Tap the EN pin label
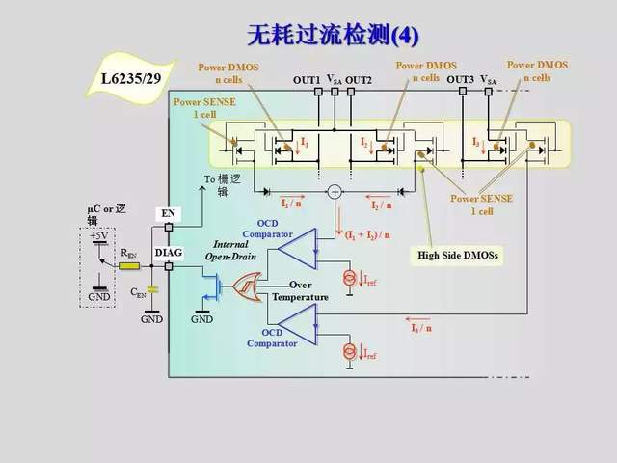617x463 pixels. [x=168, y=212]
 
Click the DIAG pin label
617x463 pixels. [x=168, y=252]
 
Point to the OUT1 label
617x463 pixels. [x=307, y=79]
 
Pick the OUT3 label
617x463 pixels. [x=460, y=79]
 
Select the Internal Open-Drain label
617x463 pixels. [x=228, y=251]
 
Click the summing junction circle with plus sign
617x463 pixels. [x=335, y=191]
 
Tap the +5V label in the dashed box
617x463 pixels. [x=98, y=235]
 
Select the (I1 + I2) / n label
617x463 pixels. [x=369, y=233]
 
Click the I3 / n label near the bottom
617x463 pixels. [x=421, y=328]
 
